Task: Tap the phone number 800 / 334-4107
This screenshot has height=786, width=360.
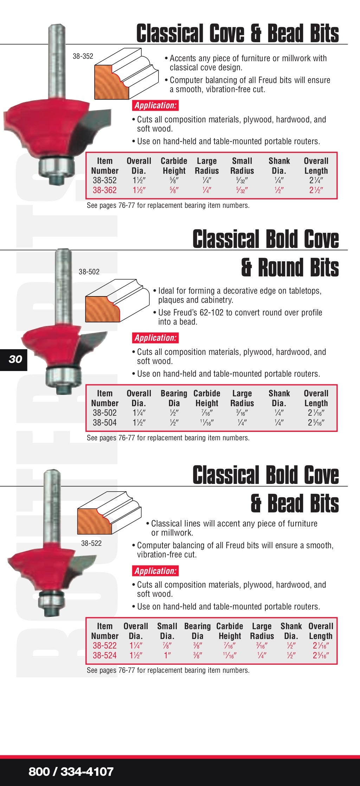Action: click(x=71, y=772)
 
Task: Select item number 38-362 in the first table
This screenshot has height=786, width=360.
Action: click(x=104, y=190)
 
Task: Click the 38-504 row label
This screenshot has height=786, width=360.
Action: click(x=104, y=423)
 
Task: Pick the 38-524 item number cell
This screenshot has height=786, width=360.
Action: click(x=104, y=656)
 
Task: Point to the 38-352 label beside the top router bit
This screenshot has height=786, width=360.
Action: click(x=83, y=56)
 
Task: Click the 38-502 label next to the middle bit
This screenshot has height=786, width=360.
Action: click(x=89, y=272)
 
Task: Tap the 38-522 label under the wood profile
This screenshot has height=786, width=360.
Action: click(x=91, y=543)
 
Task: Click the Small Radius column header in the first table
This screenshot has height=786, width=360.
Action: click(x=242, y=166)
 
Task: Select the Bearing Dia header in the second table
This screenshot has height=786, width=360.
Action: click(x=174, y=398)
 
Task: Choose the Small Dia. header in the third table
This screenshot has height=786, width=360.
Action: click(x=167, y=631)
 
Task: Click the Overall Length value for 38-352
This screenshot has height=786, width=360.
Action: click(x=316, y=180)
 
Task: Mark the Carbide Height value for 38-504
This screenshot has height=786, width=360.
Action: click(x=207, y=423)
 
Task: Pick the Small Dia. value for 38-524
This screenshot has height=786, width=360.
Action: click(x=167, y=656)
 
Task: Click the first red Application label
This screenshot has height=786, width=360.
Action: click(x=155, y=106)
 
